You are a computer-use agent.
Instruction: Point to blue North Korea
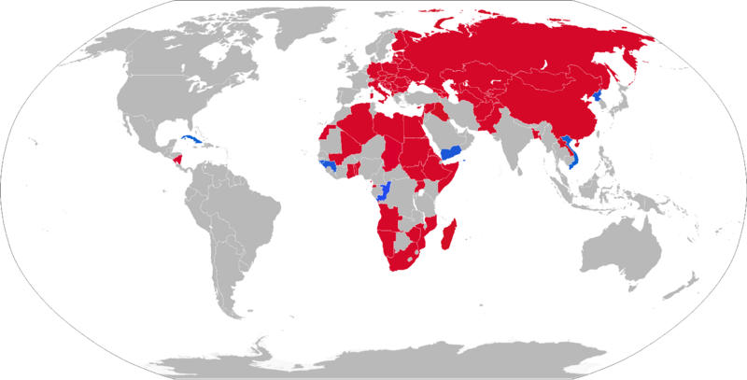[598, 97]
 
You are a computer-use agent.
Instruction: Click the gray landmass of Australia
[620, 246]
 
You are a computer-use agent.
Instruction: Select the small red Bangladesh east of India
[536, 132]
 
